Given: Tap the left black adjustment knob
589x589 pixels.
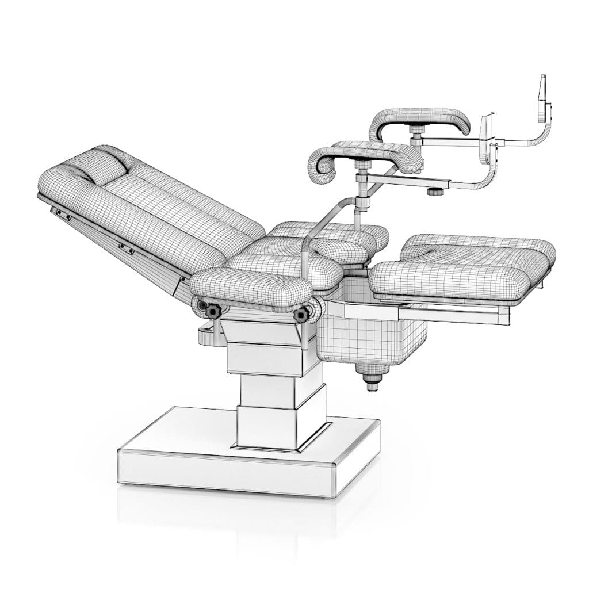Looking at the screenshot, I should tap(214, 311).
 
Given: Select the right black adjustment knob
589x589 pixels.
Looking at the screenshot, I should tap(300, 315).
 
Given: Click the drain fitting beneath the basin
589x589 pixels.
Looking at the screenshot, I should tap(372, 381).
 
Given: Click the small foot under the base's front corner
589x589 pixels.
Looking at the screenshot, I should tap(328, 495).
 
